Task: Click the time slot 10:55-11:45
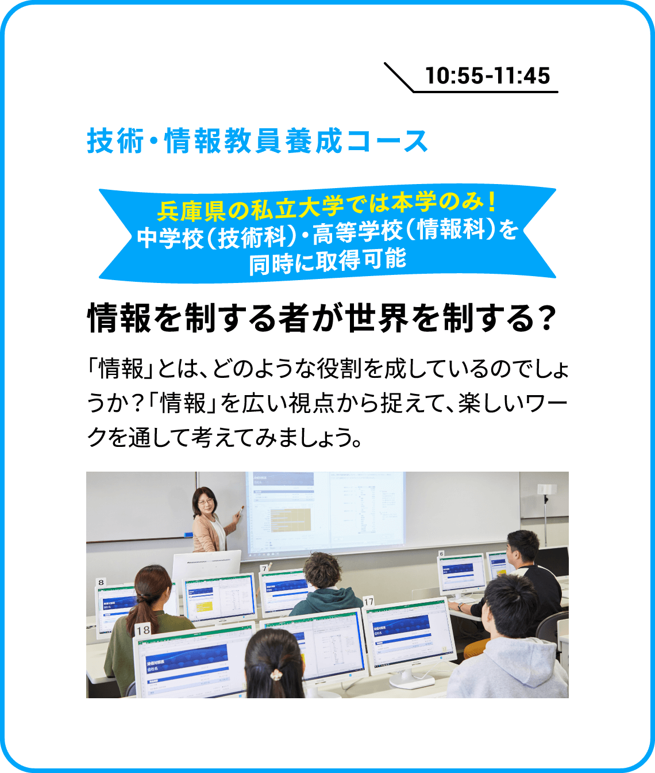point(488,75)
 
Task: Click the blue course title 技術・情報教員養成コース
point(257,141)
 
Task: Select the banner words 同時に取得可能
point(327,261)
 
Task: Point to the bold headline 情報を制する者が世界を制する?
point(322,318)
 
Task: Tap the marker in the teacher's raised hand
point(241,511)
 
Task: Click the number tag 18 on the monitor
point(143,630)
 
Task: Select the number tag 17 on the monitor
point(368,602)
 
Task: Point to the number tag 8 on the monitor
point(101,582)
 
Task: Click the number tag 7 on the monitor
point(264,569)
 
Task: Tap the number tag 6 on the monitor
point(441,553)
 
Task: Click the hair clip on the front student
point(276,674)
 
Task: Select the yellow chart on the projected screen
point(291,519)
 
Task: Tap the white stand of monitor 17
point(410,680)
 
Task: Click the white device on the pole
point(546,488)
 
